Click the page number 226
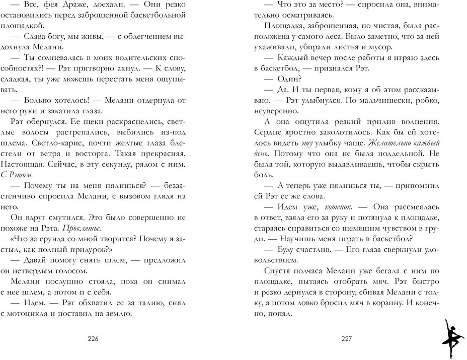[x=93, y=338]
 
